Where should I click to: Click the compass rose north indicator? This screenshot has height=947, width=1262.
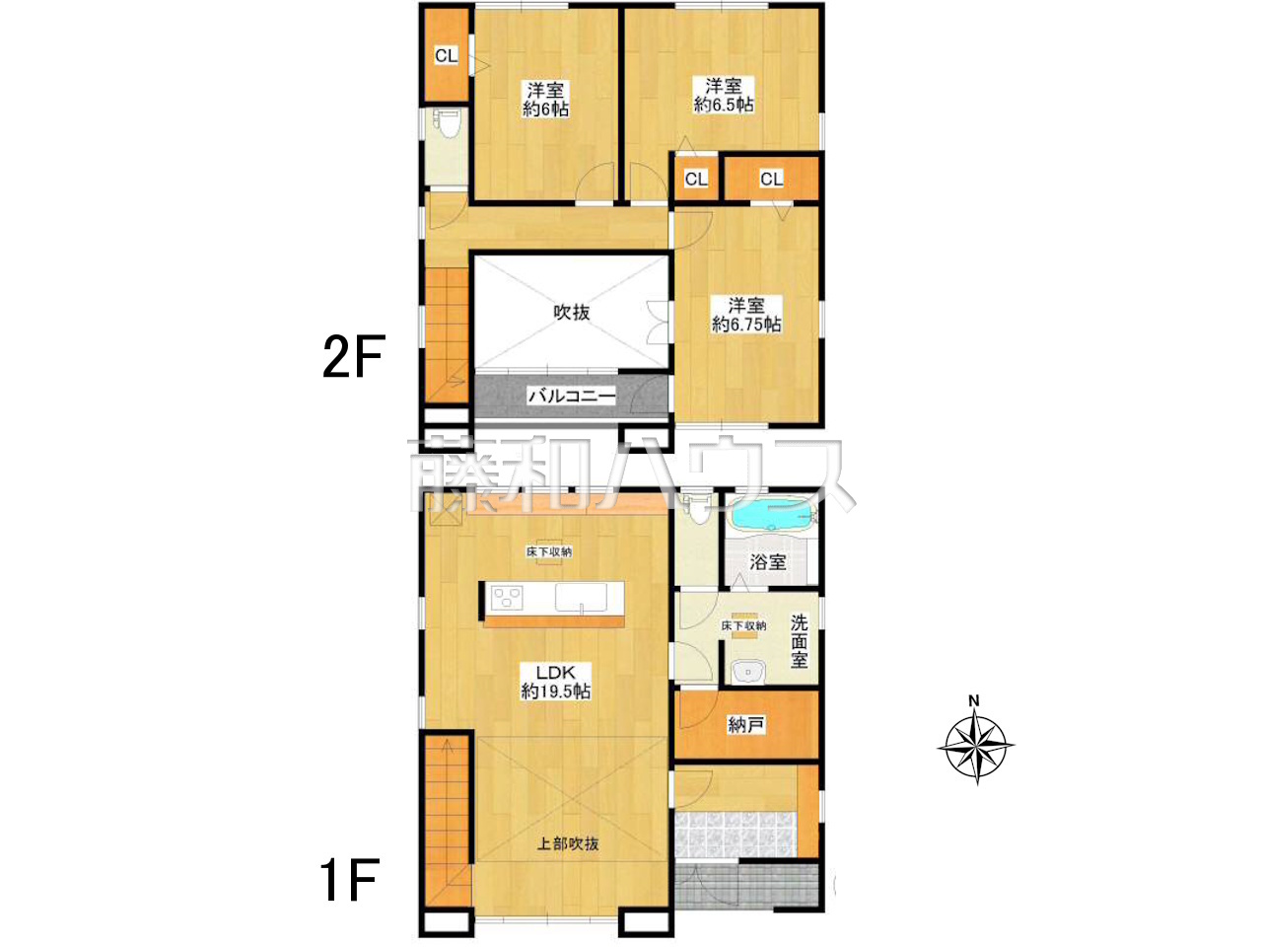pos(974,700)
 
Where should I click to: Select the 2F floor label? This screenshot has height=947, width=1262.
pos(353,356)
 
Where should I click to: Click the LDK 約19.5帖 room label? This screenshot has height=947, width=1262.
pos(555,682)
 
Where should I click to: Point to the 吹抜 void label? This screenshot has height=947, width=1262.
pos(572,313)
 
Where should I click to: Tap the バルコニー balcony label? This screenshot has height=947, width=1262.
pos(572,396)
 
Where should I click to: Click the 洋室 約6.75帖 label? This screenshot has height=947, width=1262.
pos(746,315)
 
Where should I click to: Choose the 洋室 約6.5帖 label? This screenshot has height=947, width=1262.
pos(724,96)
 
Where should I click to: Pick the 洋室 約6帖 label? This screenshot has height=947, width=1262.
pos(545,100)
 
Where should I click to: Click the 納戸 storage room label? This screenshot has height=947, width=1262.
pos(746,725)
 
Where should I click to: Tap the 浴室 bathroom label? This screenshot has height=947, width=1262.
pos(767,562)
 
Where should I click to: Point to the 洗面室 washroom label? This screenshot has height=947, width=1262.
pos(800,641)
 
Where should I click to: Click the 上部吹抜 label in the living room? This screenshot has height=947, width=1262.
pos(568,844)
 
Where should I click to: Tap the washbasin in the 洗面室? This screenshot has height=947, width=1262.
pos(748,672)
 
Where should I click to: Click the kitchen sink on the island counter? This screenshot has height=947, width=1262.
pos(581,598)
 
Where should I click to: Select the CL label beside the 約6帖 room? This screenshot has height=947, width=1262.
pos(447,56)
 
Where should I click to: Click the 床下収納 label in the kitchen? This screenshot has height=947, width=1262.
pos(549,552)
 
